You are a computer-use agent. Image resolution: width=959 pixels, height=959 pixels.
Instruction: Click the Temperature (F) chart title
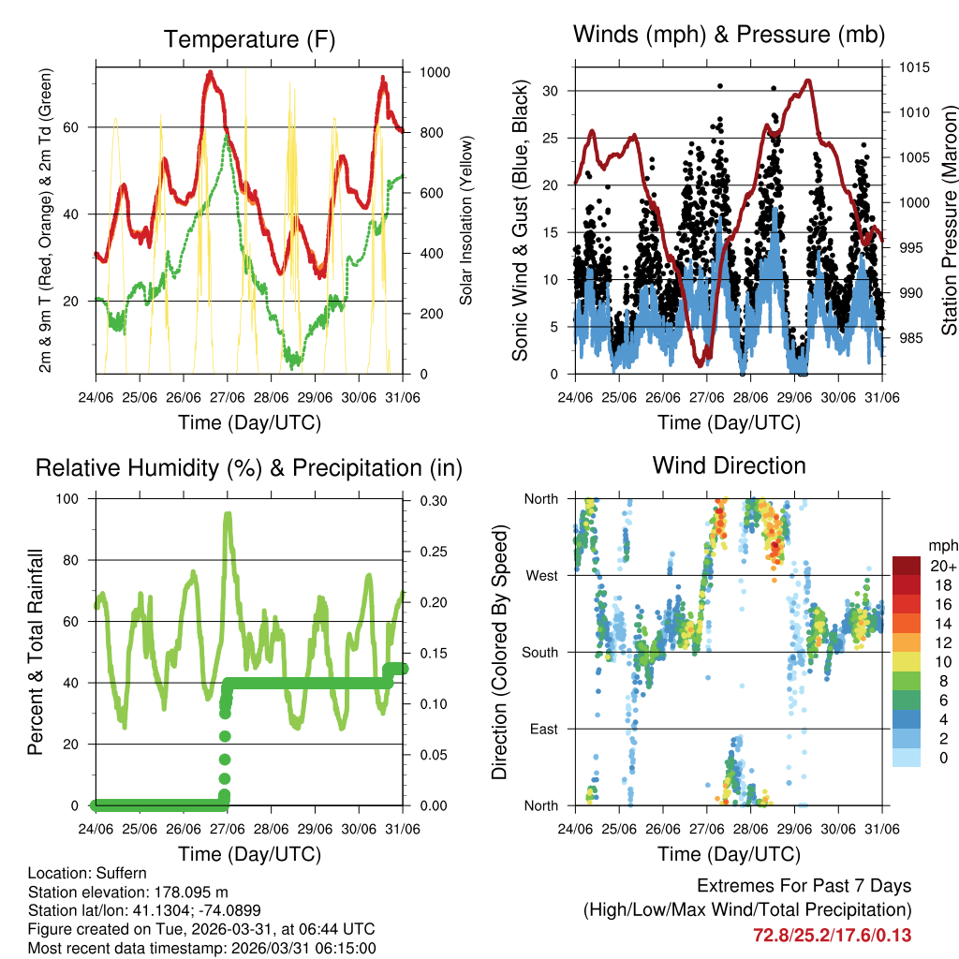pos(249,39)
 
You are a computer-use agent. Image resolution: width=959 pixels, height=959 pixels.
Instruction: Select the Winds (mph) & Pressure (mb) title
pos(729,36)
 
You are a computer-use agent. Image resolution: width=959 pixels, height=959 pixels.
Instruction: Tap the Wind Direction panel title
pos(729,465)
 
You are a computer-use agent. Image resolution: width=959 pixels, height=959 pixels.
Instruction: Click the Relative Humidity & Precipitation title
pos(249,467)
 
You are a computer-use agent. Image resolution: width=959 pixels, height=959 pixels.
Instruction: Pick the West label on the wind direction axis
pos(542,576)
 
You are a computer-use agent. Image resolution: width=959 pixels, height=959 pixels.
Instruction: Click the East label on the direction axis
pos(542,729)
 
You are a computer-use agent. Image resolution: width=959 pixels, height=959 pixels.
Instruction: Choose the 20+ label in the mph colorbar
pos(944,566)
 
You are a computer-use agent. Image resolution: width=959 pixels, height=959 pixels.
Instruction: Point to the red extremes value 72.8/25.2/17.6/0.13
pos(832,935)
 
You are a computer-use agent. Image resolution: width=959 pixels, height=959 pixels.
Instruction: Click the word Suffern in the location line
pos(121,873)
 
